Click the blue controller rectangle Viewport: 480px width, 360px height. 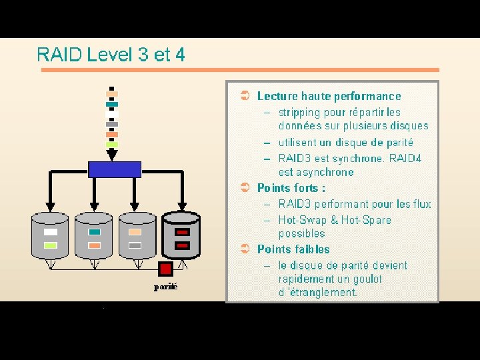click(x=115, y=169)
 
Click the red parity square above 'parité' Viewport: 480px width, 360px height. click(x=165, y=269)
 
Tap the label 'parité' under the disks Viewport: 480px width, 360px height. click(x=165, y=287)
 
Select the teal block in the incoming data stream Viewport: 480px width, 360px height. click(x=112, y=104)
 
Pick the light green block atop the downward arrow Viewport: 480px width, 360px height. click(x=112, y=144)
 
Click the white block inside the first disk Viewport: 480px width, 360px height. click(x=51, y=232)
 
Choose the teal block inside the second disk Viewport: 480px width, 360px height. click(x=94, y=232)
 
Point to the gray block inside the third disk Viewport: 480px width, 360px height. click(x=135, y=245)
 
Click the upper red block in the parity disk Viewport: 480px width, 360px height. click(x=182, y=232)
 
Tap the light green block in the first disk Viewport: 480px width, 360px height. click(x=51, y=245)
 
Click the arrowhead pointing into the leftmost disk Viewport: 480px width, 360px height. click(x=51, y=205)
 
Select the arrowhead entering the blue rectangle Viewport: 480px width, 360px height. click(x=112, y=155)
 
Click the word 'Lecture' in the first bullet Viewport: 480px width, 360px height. click(x=277, y=96)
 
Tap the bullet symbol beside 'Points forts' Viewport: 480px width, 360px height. click(x=245, y=188)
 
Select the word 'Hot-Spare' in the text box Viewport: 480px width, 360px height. click(x=366, y=220)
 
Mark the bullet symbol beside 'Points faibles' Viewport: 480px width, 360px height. click(x=245, y=249)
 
